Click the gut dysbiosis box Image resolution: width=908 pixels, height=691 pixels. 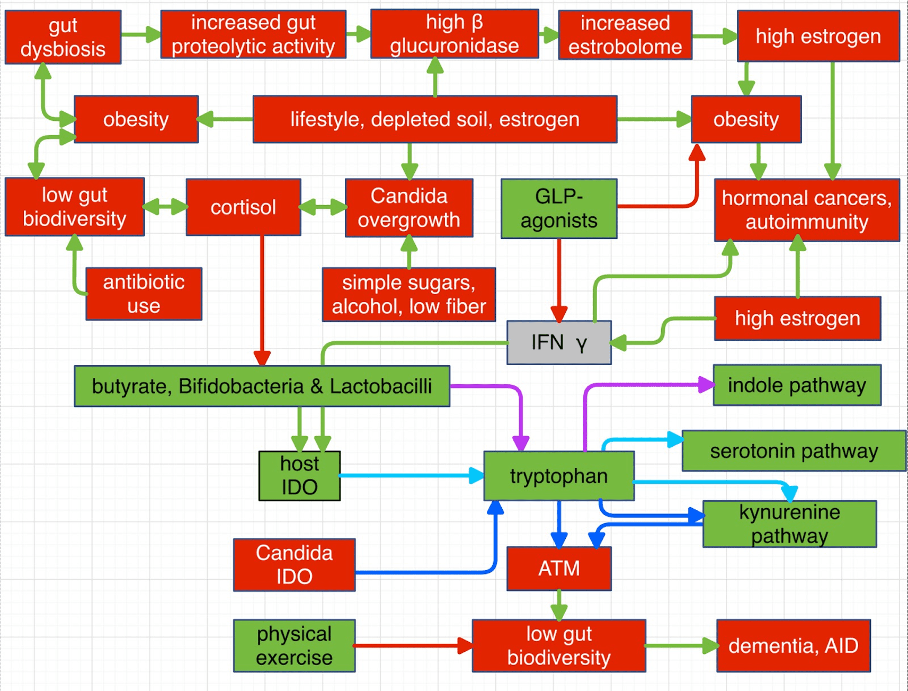click(63, 37)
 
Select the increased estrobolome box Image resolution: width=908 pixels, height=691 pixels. click(625, 35)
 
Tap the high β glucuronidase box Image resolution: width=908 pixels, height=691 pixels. click(455, 34)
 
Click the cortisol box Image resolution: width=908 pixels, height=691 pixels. click(243, 207)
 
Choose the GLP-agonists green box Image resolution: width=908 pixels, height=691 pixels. click(559, 209)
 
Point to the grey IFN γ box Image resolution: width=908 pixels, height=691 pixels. click(559, 343)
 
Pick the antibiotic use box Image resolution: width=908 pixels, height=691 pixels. click(144, 294)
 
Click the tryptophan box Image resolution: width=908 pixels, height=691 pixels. click(559, 476)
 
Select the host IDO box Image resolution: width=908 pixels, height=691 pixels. click(299, 476)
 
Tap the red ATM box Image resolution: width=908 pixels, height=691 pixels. click(559, 569)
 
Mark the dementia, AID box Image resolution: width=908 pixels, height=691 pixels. click(793, 646)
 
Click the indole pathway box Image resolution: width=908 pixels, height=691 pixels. click(797, 385)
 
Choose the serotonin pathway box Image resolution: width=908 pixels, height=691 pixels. click(794, 451)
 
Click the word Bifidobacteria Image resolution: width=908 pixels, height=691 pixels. click(241, 386)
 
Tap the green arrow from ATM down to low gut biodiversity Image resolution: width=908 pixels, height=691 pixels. click(559, 604)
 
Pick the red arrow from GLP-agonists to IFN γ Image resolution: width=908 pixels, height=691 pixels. click(559, 276)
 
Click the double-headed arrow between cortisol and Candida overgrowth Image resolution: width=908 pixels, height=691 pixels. click(323, 207)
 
